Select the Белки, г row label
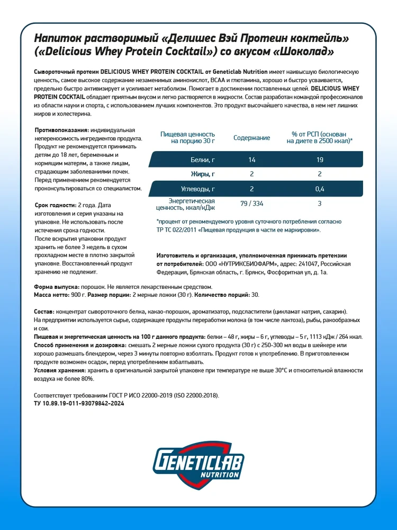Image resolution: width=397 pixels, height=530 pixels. [x=202, y=159]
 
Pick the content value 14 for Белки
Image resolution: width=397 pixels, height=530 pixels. [x=252, y=159]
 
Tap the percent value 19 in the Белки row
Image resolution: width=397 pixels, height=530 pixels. [x=320, y=159]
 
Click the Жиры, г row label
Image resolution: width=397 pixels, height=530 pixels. [x=203, y=174]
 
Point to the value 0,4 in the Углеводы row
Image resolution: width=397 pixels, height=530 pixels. [x=320, y=189]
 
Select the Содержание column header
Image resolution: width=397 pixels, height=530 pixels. [x=252, y=138]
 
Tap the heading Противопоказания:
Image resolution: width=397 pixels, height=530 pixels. [x=61, y=130]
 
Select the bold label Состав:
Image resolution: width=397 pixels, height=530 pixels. [x=44, y=313]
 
